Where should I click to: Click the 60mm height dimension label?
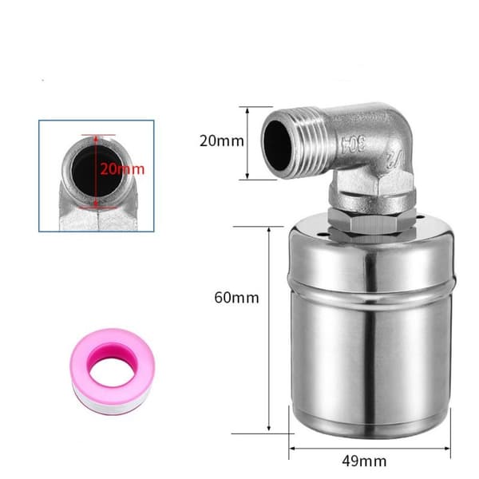point(237,298)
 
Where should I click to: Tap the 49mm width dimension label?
point(365,461)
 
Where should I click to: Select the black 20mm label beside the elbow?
point(222,141)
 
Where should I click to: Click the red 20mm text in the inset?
point(122,169)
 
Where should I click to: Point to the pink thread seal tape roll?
point(113,371)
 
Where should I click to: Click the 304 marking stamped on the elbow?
point(354,144)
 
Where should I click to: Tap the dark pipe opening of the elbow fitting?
point(277,145)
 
